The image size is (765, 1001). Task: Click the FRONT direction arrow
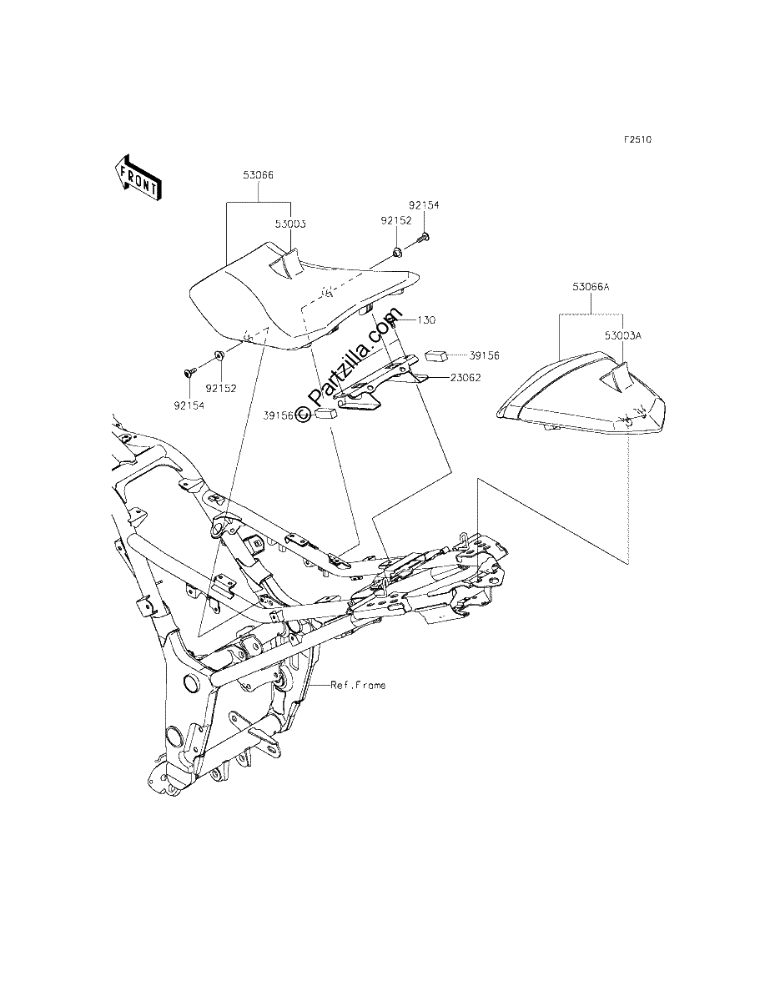click(137, 178)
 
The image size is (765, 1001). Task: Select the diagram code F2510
click(638, 139)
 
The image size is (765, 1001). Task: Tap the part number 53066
click(259, 175)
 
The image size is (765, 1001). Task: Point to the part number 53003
click(290, 224)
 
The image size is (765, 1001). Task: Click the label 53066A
click(591, 287)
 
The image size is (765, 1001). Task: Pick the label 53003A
click(623, 335)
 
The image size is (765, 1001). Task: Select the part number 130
click(427, 320)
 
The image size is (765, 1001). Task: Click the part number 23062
click(466, 378)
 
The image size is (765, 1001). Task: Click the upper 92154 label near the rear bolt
click(424, 205)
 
